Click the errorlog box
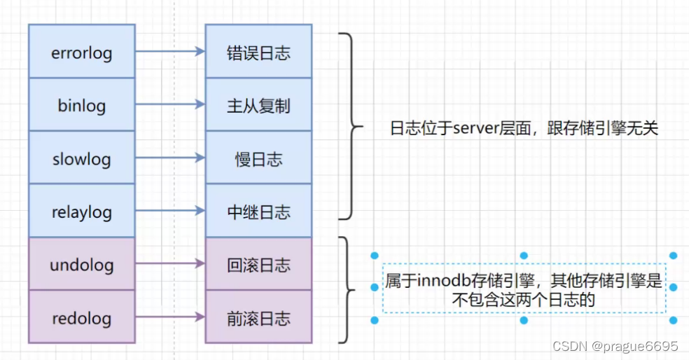click(81, 52)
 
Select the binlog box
click(81, 105)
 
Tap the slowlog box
click(81, 158)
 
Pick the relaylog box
click(81, 212)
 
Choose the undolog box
click(81, 265)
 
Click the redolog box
click(81, 318)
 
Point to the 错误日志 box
click(258, 52)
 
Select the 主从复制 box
click(258, 105)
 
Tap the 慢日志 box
click(258, 158)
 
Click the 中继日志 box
click(258, 212)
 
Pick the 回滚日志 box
click(258, 265)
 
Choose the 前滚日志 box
click(258, 318)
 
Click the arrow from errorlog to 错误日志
click(169, 51)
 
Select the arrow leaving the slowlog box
click(169, 158)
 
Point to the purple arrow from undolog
click(169, 265)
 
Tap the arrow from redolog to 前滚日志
click(169, 317)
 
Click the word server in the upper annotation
click(475, 129)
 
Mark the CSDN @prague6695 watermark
click(615, 347)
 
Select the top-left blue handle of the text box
click(375, 256)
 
